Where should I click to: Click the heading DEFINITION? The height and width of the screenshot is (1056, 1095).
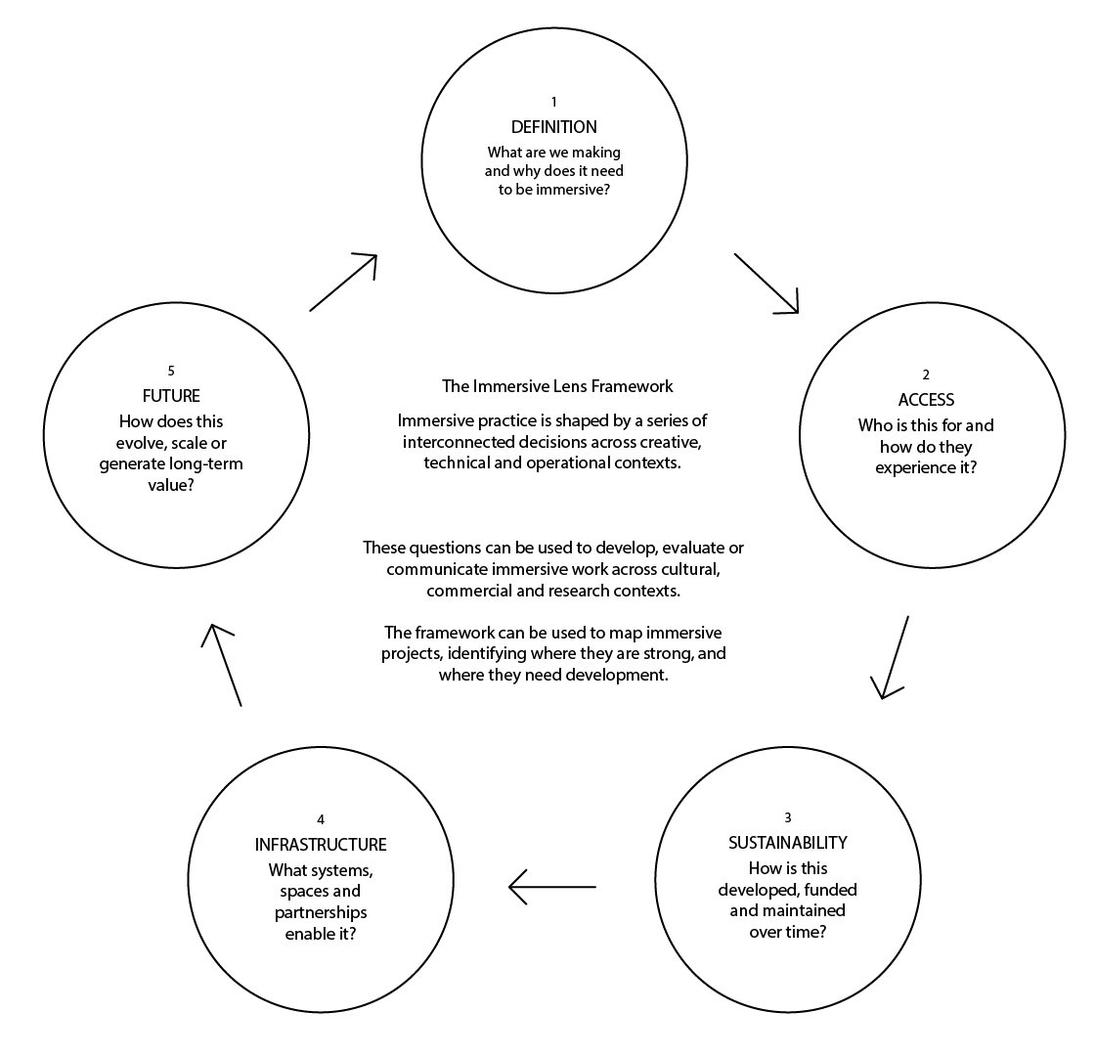(553, 128)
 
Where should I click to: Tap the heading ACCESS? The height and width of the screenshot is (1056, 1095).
(926, 400)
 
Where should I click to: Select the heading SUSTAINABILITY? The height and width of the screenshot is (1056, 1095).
(787, 843)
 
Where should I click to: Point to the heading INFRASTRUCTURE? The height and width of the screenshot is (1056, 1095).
(322, 845)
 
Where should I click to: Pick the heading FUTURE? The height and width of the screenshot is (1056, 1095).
(170, 396)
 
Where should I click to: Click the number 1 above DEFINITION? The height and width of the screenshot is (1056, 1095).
(553, 102)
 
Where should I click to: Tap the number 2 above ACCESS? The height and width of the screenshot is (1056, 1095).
(926, 374)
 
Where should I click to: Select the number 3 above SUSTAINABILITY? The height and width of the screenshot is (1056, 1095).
(787, 817)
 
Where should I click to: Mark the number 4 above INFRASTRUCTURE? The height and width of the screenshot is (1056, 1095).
(322, 819)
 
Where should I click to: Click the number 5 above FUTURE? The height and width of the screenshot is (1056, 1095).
(171, 371)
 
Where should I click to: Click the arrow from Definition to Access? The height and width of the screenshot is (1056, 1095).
(766, 284)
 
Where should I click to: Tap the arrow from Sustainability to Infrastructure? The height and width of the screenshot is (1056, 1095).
(552, 887)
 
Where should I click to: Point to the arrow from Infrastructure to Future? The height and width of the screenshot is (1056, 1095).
(225, 665)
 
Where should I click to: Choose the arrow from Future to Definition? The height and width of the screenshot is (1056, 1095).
(343, 283)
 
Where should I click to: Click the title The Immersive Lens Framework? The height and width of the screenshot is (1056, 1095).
(557, 386)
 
